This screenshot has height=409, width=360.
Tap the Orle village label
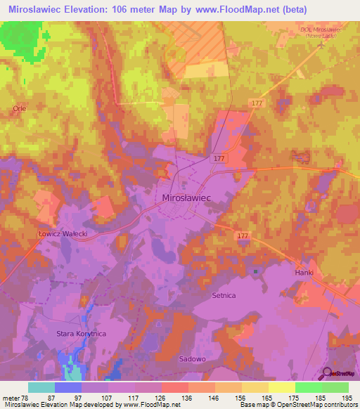tap(19, 109)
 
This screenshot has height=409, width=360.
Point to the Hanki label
tap(304, 272)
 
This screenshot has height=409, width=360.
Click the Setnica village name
tap(226, 296)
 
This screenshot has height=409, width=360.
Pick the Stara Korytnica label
tap(81, 334)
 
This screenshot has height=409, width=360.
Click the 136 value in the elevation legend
tap(188, 397)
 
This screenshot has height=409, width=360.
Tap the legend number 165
tap(268, 397)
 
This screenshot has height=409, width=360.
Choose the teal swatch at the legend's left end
tap(41, 387)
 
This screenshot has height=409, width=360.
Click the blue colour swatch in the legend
tap(68, 387)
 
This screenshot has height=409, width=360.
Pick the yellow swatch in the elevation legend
tap(281, 387)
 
